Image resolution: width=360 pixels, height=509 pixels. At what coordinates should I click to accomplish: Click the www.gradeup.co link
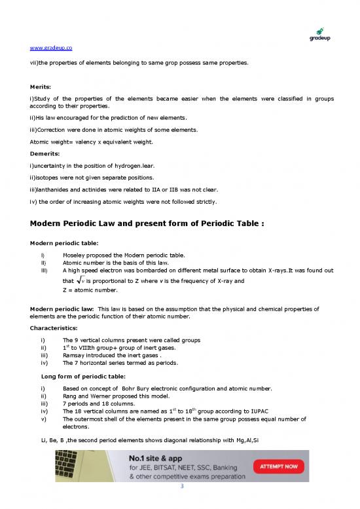coord(51,48)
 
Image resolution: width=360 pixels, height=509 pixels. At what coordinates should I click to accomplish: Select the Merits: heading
coord(43,86)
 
